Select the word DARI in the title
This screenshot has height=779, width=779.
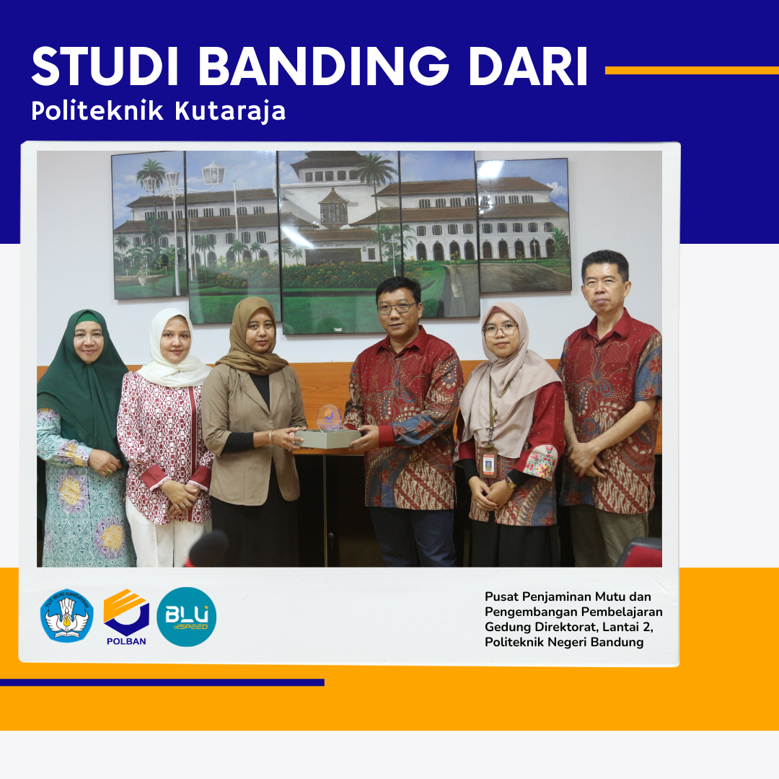[527, 68]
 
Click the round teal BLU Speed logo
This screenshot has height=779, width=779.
[186, 617]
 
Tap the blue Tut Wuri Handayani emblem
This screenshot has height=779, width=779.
[66, 615]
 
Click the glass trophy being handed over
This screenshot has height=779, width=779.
[330, 418]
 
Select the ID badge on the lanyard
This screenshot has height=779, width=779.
[488, 463]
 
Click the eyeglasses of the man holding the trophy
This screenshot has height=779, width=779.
[397, 308]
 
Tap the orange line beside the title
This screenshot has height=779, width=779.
[691, 70]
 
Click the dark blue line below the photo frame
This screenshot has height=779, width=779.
[162, 682]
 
